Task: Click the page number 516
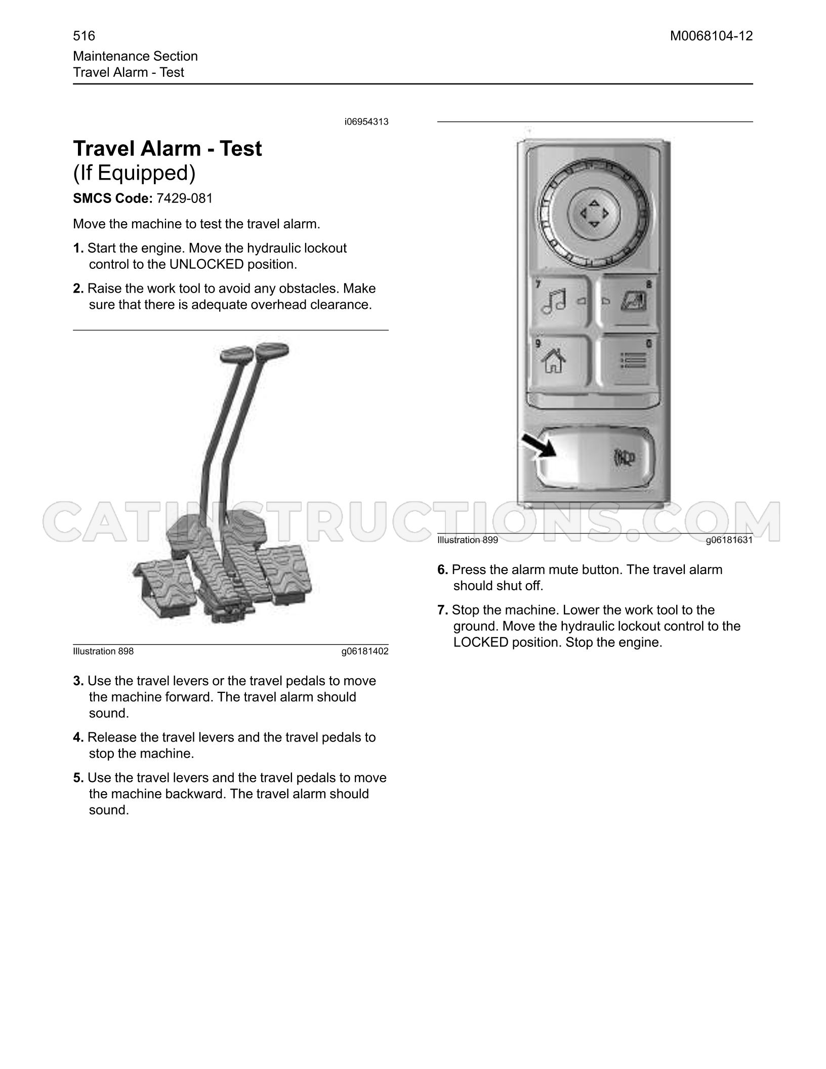pos(84,36)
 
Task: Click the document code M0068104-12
pos(712,36)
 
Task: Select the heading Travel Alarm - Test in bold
pos(168,149)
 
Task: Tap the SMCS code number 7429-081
pos(185,198)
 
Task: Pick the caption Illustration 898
pos(103,651)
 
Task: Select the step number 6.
pos(442,570)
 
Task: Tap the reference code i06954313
pos(366,122)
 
